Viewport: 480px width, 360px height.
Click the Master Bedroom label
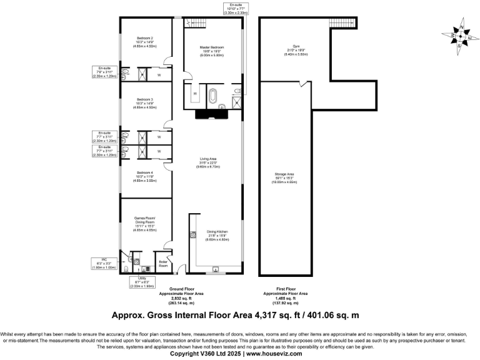click(212, 47)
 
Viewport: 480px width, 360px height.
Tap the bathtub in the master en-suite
click(212, 97)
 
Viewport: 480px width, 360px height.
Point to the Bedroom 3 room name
click(144, 99)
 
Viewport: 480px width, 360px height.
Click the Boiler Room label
click(164, 263)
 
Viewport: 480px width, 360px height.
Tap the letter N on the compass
click(461, 28)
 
